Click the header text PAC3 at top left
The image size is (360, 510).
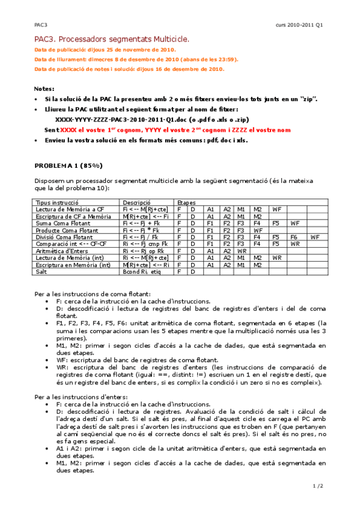[x=41, y=25]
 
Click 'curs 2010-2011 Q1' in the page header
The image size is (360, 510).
[x=299, y=25]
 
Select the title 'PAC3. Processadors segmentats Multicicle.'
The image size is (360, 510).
[x=112, y=39]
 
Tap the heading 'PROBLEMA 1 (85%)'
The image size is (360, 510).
[x=68, y=165]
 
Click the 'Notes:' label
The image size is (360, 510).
[x=44, y=88]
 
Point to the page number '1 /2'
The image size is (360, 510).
[x=318, y=485]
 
